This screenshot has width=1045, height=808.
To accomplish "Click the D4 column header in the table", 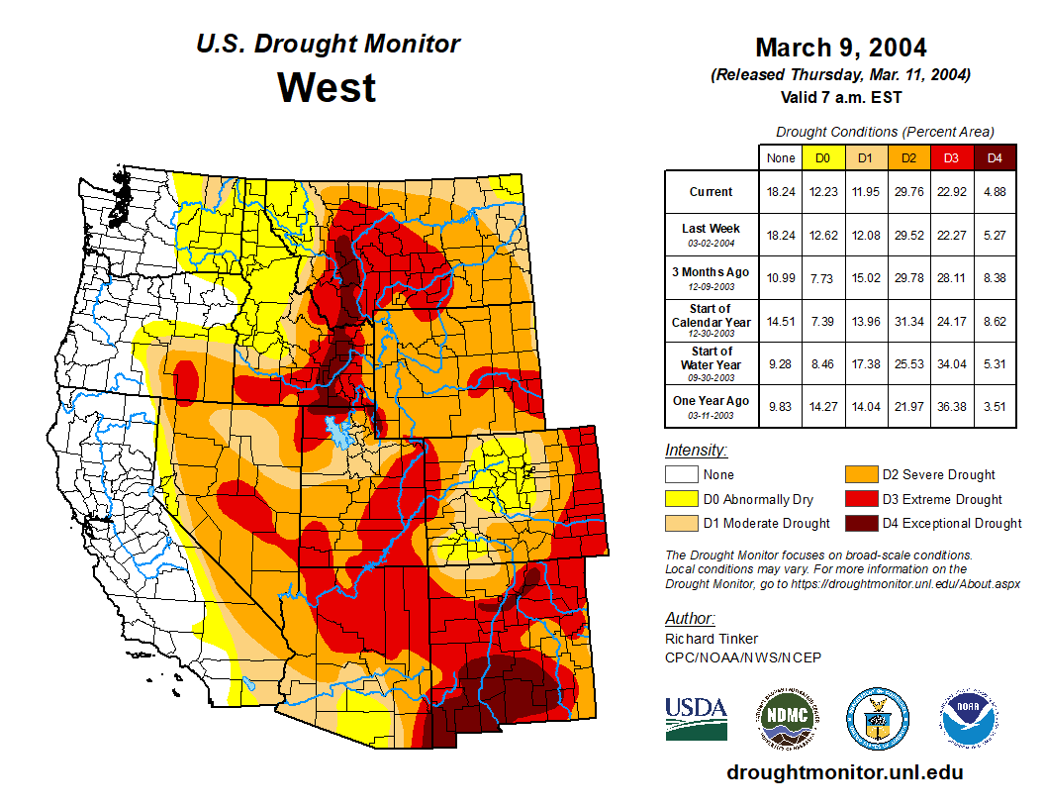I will (995, 157).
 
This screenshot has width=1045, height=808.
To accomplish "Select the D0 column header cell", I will (822, 157).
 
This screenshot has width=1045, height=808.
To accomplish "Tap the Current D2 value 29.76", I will (908, 192).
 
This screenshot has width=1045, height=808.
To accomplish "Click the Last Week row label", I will (712, 235).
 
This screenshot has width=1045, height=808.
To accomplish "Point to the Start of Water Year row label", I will (712, 363).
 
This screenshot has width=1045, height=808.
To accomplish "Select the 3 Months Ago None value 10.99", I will (780, 278).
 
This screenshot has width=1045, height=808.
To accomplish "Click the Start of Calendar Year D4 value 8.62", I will (995, 321).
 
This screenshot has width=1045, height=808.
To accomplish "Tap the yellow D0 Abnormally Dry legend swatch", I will (680, 499).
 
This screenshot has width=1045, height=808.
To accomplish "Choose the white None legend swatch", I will (680, 475).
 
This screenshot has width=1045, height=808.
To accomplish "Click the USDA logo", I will (696, 717).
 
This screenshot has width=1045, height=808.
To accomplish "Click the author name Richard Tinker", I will (712, 639).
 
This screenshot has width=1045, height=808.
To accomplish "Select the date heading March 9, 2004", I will (840, 48).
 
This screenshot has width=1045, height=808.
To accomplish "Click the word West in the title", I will (327, 87).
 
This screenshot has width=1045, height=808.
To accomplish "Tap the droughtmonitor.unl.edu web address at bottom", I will (844, 772).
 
